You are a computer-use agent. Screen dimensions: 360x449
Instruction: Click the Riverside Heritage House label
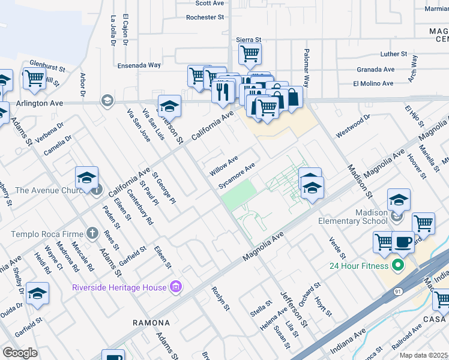coord(119,287)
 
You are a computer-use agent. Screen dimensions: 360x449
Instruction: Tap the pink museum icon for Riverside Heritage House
coord(175,287)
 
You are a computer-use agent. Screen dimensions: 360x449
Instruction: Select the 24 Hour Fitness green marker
coord(397,265)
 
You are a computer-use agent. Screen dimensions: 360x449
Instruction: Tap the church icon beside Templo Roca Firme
coord(92,233)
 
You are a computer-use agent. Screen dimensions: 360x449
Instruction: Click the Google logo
coord(20,353)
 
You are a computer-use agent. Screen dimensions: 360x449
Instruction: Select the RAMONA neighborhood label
coord(151,323)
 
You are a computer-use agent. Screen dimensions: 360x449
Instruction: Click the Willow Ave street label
coord(223,166)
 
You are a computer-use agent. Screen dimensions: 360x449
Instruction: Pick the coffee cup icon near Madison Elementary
coord(403,241)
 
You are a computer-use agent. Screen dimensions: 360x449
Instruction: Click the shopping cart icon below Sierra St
coord(250,54)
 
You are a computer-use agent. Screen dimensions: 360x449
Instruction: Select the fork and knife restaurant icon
coord(222,91)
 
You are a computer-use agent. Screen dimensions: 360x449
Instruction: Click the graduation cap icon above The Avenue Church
coord(87,178)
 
